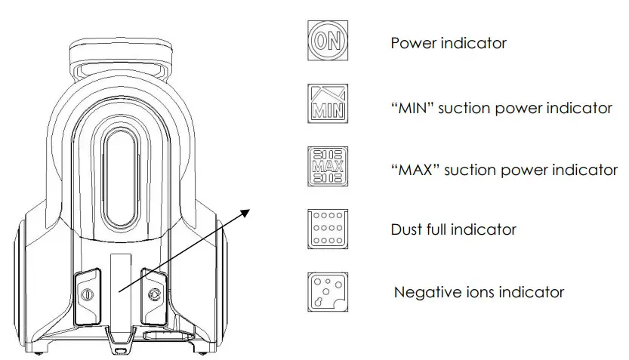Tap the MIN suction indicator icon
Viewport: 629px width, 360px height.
pos(327,103)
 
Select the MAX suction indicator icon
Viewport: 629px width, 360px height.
pos(327,165)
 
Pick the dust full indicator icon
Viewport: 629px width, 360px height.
pos(327,229)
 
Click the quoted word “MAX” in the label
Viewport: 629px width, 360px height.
pos(416,170)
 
